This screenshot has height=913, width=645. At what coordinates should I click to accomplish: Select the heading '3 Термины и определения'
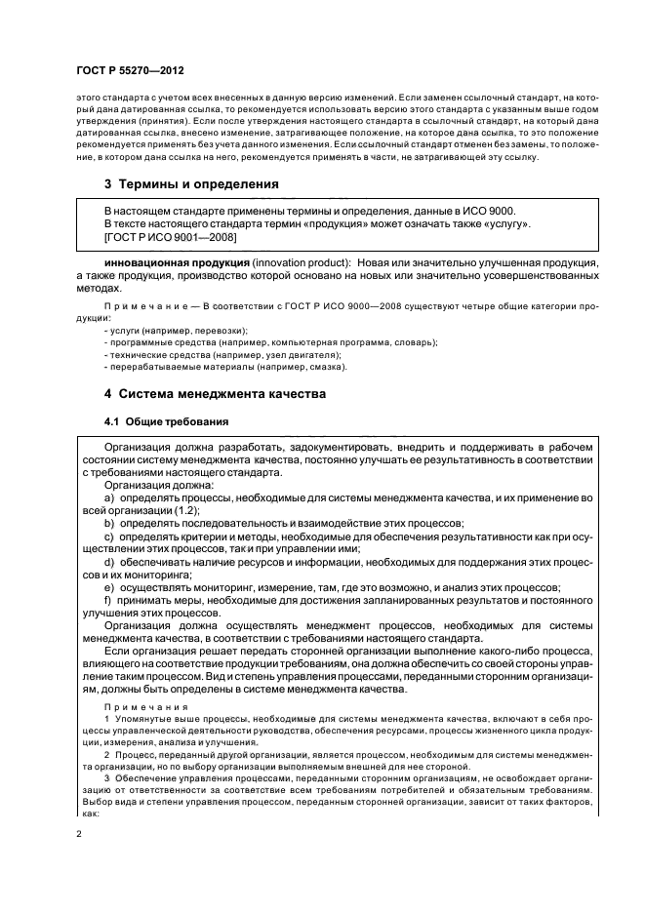(192, 183)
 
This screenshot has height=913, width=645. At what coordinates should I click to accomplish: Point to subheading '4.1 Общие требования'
(167, 421)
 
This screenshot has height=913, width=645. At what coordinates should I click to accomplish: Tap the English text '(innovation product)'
(293, 263)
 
